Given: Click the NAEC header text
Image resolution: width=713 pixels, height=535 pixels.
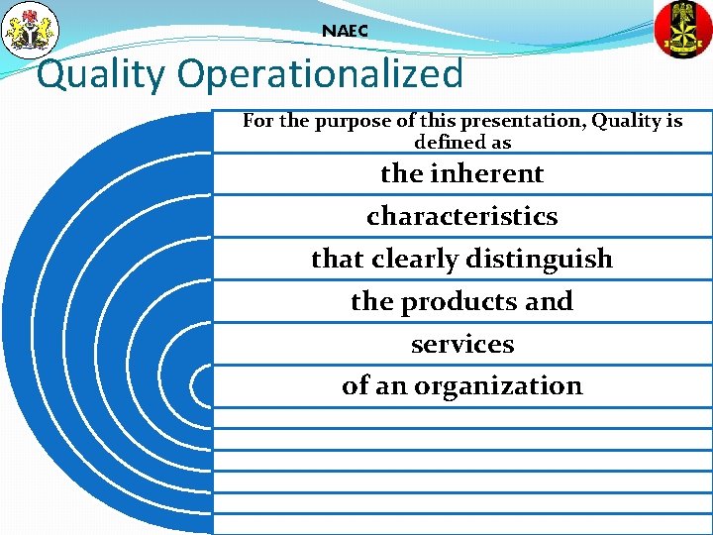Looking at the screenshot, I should [345, 31].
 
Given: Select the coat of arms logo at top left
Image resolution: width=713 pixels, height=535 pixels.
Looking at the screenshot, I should [31, 30].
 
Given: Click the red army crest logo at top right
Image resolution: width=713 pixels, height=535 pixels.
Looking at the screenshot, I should [683, 29].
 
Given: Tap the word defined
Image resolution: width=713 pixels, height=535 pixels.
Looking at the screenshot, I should [450, 142].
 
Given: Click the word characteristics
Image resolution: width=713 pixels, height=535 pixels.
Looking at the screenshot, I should [461, 216].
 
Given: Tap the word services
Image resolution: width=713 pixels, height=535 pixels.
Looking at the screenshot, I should [461, 344].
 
